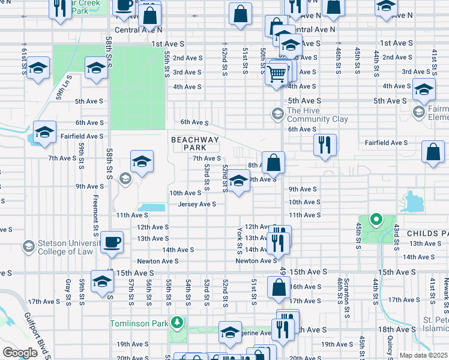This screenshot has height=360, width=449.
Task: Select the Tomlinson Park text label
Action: coord(138,323)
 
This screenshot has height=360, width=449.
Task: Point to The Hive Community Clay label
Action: coord(318,115)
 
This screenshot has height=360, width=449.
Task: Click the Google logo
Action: coord(20,352)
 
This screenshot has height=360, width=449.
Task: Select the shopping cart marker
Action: coord(277,74)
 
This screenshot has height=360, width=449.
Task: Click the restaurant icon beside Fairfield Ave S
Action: coord(324,145)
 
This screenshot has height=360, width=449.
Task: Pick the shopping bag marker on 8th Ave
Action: coord(273,162)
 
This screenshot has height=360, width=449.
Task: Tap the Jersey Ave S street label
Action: coord(196,204)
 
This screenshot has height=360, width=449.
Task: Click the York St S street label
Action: coord(239,238)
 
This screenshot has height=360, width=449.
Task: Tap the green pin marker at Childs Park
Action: coord(376,220)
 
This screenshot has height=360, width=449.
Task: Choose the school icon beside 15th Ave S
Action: coord(102,281)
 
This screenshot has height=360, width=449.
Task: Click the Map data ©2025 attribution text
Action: coord(423,355)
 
